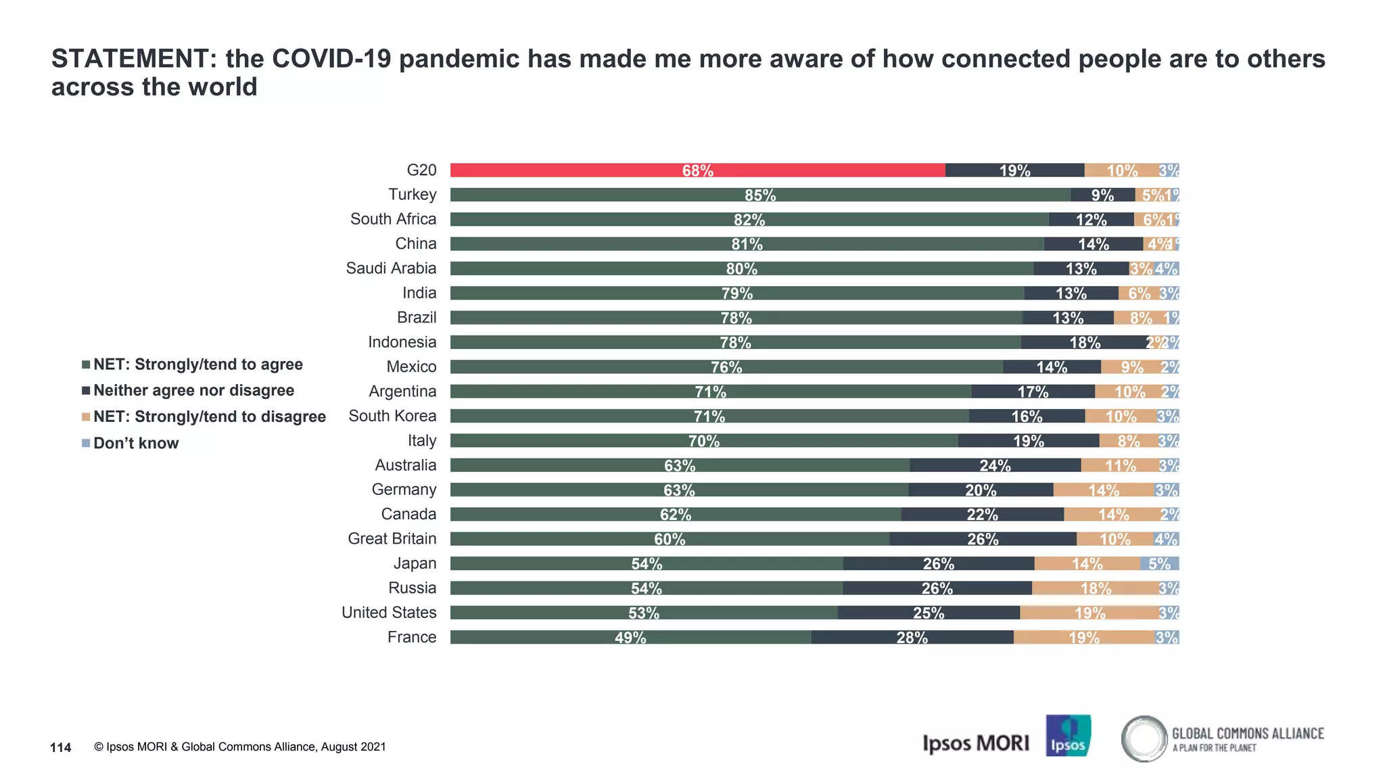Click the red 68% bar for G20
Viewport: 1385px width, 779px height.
click(697, 170)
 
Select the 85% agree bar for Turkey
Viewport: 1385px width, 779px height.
click(760, 195)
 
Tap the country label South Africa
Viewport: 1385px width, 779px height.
click(393, 219)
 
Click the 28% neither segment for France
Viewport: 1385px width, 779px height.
click(912, 637)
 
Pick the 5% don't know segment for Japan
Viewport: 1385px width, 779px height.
click(1159, 563)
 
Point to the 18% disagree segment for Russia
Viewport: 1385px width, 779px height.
click(1095, 588)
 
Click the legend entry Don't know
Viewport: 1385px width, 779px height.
click(135, 444)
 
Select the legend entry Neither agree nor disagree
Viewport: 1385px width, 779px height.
click(193, 391)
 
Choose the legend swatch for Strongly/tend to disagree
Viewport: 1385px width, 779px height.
click(86, 417)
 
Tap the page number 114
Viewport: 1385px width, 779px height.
click(61, 747)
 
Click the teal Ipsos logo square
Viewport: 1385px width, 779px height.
click(1068, 736)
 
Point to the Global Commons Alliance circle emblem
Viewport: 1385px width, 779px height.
click(1144, 738)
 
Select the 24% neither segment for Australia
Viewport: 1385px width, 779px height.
click(995, 465)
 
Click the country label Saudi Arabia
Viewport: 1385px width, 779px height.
click(391, 268)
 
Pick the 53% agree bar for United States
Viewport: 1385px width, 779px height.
click(643, 613)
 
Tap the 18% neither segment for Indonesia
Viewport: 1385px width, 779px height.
click(1084, 342)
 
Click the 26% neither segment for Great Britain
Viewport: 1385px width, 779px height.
click(982, 539)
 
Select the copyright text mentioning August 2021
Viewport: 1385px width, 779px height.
click(240, 747)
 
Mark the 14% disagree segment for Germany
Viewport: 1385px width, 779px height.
click(1103, 490)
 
